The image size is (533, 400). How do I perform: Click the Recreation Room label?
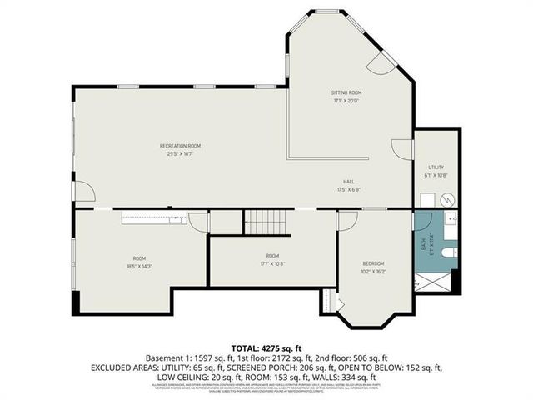[x=181, y=146]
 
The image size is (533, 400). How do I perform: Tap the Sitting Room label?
[x=347, y=92]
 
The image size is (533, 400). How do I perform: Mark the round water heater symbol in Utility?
[x=446, y=199]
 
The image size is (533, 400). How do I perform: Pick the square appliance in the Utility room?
[x=426, y=199]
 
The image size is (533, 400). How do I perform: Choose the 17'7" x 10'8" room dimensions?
[x=272, y=263]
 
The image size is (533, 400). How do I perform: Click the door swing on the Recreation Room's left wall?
[x=83, y=192]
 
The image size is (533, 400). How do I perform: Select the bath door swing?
[x=421, y=221]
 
